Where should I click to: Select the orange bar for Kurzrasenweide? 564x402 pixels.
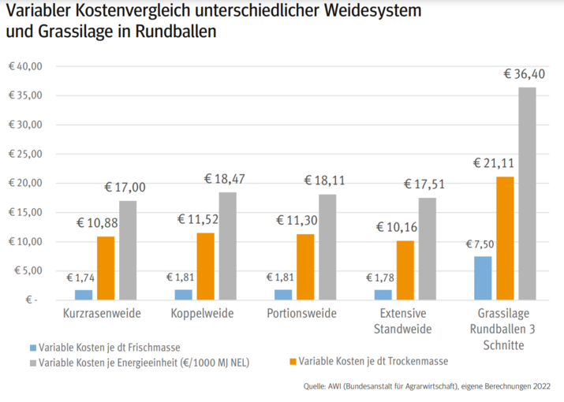pos(106,268)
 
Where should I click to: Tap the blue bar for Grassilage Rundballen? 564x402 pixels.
pos(483,278)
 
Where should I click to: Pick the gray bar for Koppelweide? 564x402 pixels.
pos(227,246)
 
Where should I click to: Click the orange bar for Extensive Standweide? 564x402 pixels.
pos(405,270)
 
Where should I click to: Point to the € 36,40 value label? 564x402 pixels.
pos(524,74)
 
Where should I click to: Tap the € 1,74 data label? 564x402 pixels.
pos(80,278)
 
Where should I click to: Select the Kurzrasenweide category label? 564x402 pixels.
pos(102,314)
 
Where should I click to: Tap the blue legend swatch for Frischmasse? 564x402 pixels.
pos(32,347)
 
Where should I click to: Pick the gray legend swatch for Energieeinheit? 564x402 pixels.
pos(32,362)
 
